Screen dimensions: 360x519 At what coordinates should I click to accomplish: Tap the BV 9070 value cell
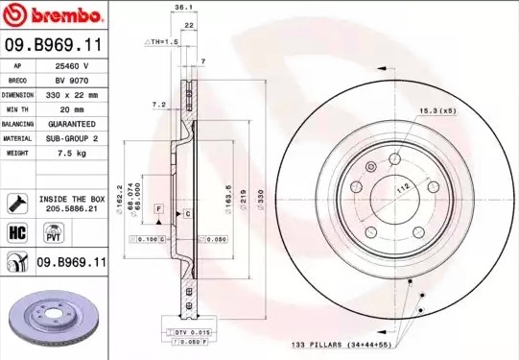click(x=72, y=81)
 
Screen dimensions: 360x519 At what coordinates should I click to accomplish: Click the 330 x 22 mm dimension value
click(x=72, y=95)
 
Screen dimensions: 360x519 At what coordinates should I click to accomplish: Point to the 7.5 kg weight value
click(x=72, y=153)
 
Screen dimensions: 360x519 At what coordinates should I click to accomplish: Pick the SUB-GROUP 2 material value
click(x=72, y=138)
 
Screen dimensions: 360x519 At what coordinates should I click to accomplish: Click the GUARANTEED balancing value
click(x=72, y=124)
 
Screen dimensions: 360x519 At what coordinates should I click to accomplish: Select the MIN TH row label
click(x=18, y=109)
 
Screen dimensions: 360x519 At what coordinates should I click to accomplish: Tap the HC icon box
click(x=16, y=230)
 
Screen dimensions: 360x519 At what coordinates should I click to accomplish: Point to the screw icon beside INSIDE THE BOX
click(x=16, y=202)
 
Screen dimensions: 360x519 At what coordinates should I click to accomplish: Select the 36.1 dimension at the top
click(x=178, y=8)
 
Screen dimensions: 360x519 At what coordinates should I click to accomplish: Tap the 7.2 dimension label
click(x=158, y=103)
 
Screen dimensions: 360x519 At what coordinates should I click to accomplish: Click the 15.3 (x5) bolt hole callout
click(x=436, y=113)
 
